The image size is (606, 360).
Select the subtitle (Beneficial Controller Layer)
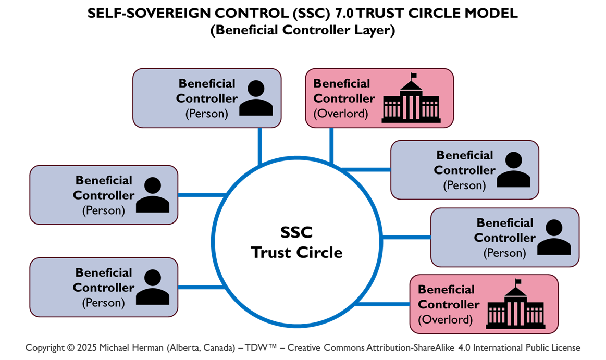[x=303, y=30]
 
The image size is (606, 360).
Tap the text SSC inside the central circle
[x=296, y=232]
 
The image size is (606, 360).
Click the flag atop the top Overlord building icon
[x=414, y=77]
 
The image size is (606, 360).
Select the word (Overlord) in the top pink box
[x=341, y=113]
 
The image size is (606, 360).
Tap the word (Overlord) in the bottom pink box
[x=446, y=319]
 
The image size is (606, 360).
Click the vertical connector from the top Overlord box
[x=331, y=146]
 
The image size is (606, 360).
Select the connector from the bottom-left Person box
[x=201, y=287]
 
